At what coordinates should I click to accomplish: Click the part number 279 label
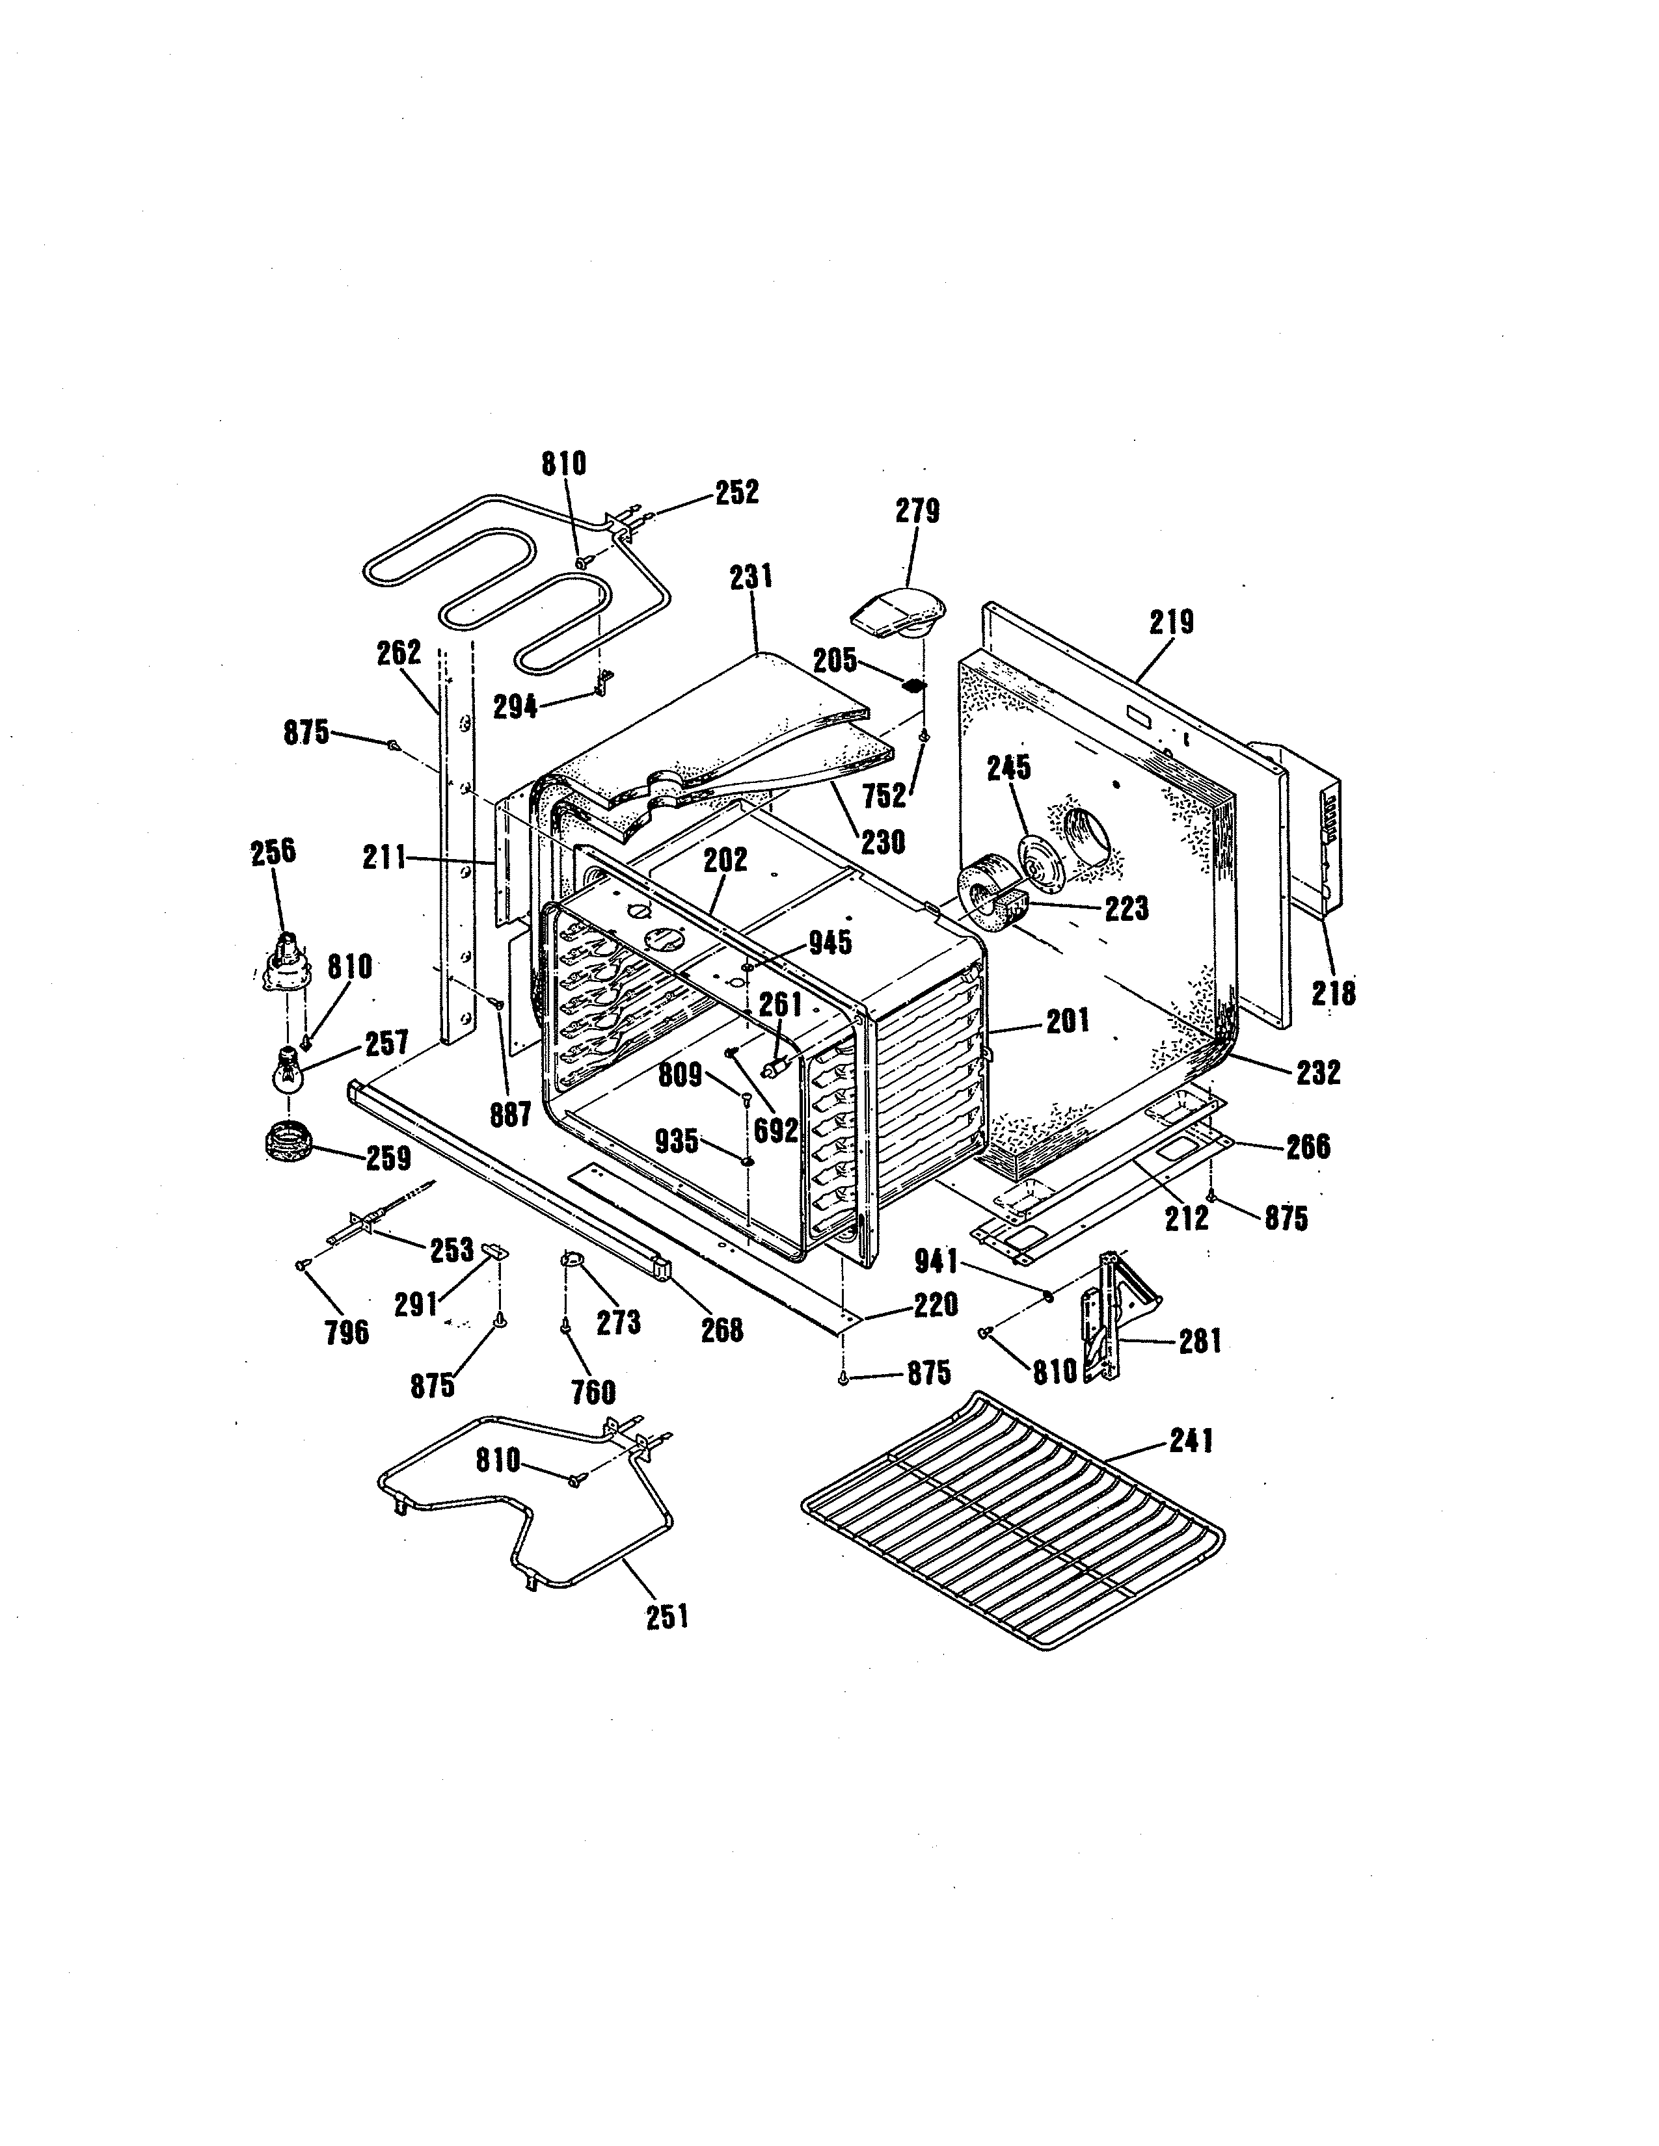916,512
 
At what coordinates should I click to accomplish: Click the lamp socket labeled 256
286,964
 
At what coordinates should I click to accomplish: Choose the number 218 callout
1334,994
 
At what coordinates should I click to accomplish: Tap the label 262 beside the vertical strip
398,652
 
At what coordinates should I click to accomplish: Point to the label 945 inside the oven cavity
831,944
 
